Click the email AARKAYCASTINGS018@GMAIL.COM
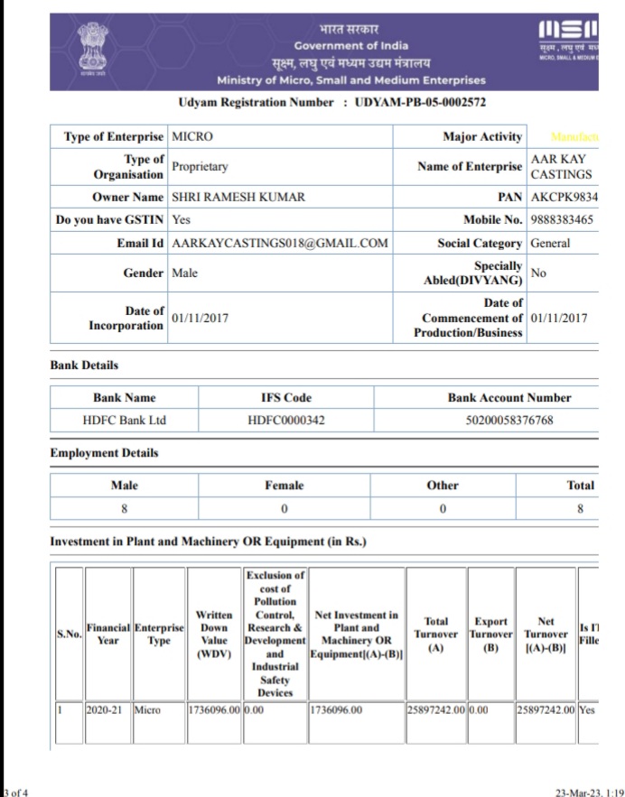click(280, 243)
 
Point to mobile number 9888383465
click(562, 219)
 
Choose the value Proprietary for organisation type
click(200, 166)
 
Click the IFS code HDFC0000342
click(285, 421)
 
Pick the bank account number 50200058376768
click(508, 421)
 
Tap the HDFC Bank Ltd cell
click(124, 421)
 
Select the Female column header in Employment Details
click(284, 485)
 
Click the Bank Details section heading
click(84, 366)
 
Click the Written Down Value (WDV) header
click(214, 634)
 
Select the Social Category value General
click(551, 243)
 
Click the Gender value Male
click(184, 273)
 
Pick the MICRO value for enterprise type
click(191, 136)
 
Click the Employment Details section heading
click(104, 453)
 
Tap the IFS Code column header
click(285, 397)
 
